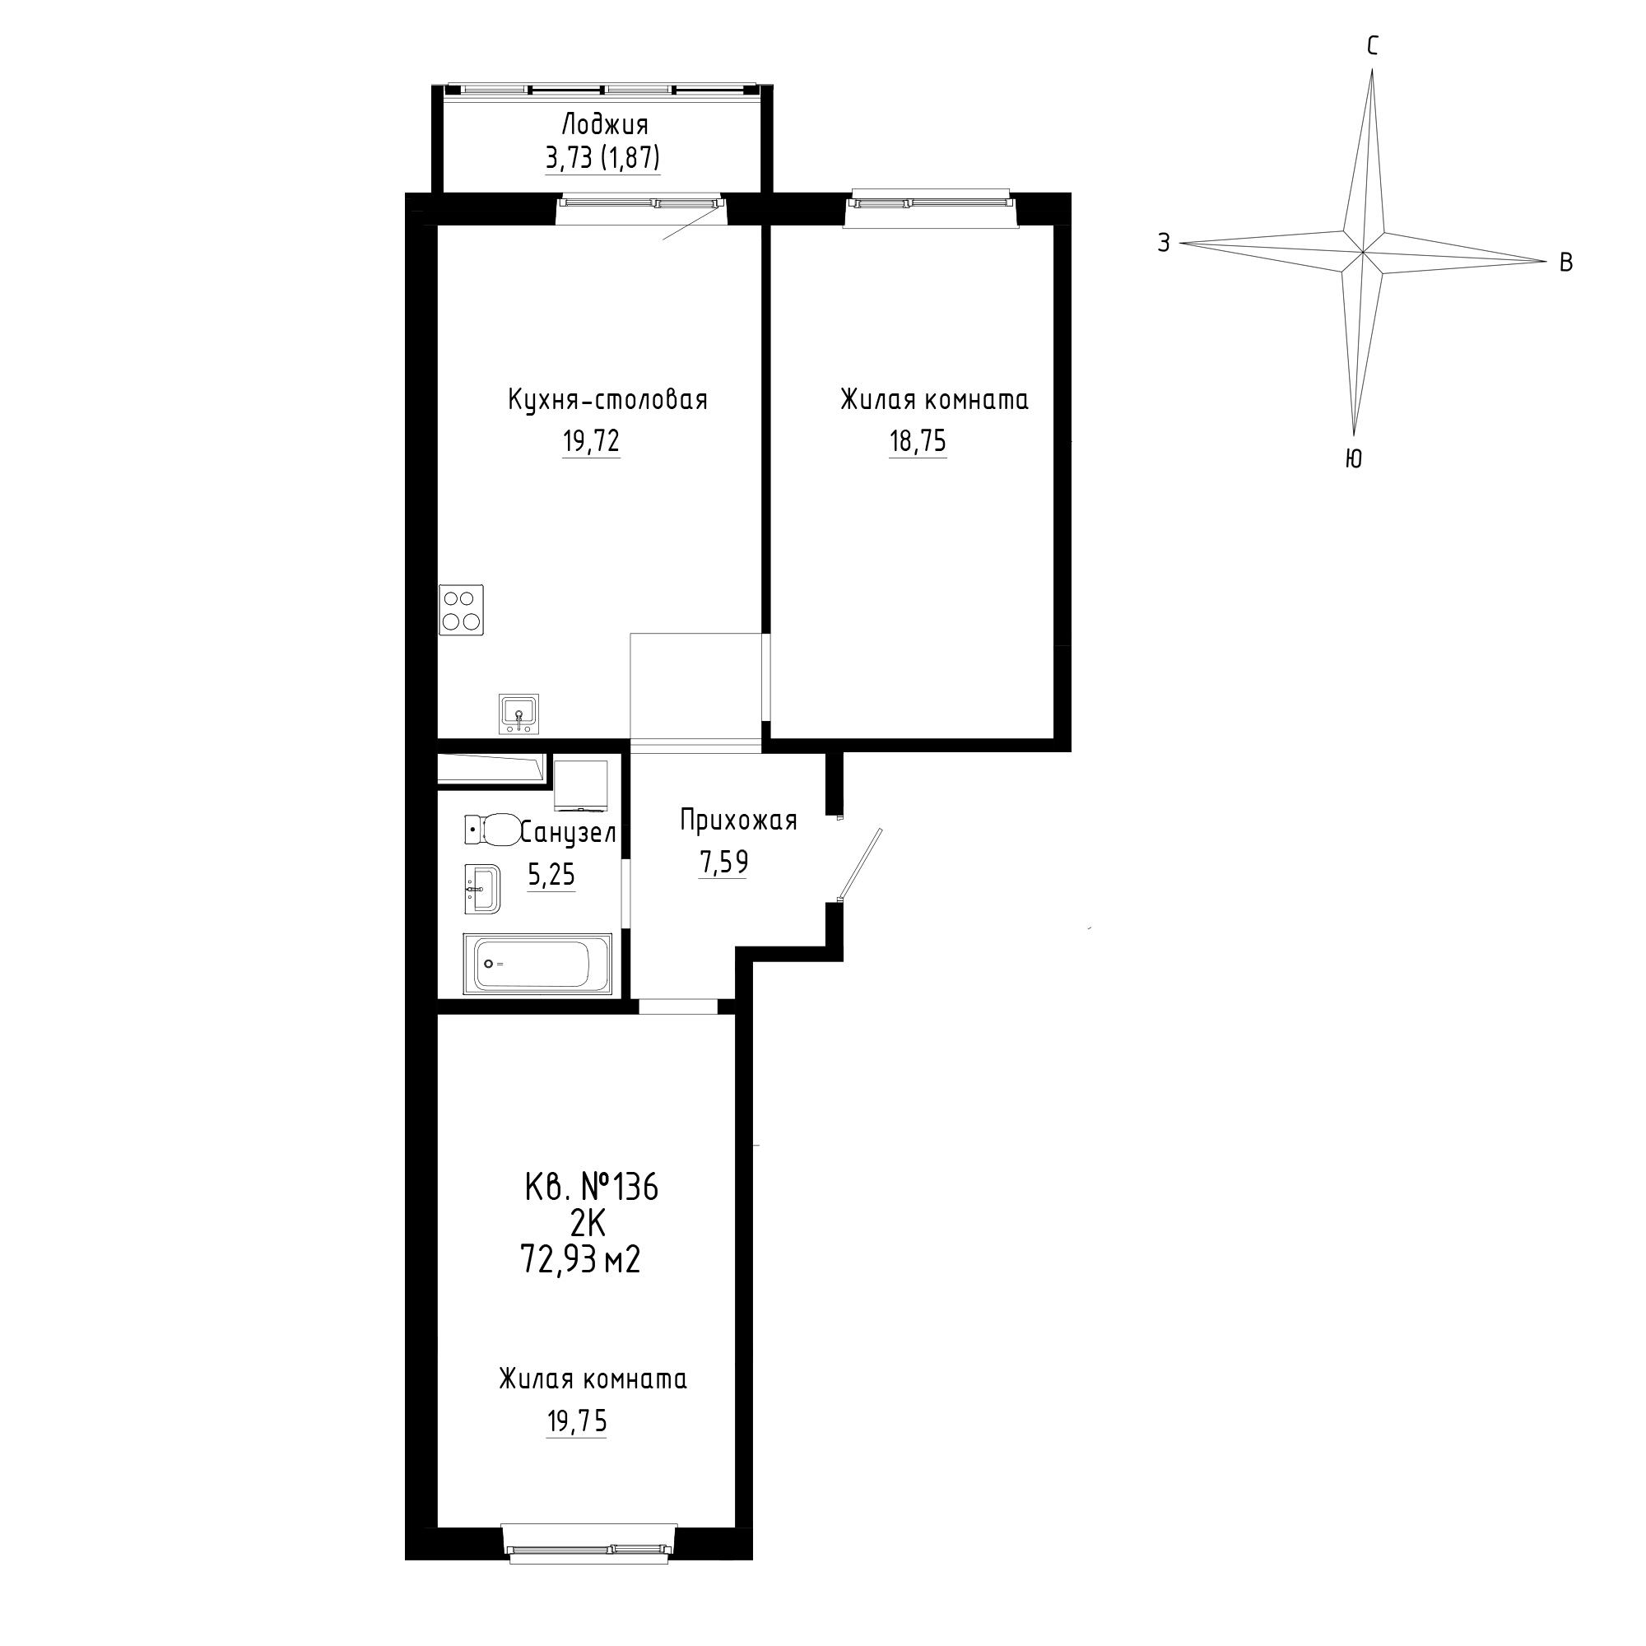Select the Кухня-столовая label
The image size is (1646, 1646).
607,400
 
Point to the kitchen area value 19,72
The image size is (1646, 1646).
590,441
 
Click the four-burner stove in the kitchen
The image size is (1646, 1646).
461,610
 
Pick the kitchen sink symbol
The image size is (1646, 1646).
518,714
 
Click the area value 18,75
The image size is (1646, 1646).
918,441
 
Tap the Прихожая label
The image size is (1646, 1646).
739,821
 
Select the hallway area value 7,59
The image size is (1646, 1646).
723,863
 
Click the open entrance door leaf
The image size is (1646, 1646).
861,864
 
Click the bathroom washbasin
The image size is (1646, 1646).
482,890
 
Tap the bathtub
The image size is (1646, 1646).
537,965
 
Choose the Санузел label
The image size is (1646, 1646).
568,832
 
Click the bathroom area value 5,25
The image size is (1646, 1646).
551,875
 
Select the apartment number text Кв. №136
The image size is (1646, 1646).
591,1188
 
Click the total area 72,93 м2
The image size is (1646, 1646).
580,1259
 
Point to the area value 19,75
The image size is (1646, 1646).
576,1421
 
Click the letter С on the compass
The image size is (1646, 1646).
1373,47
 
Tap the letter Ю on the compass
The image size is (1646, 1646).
1353,459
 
